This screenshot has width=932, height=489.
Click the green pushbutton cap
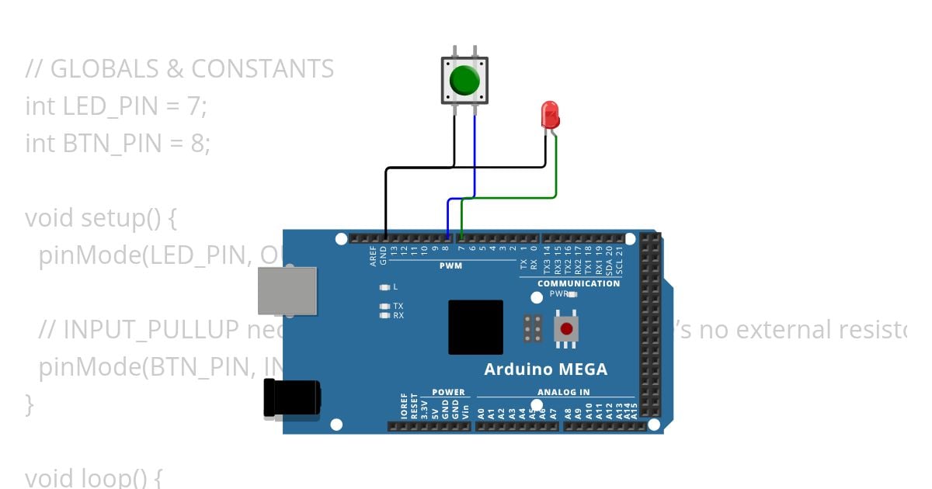tap(464, 80)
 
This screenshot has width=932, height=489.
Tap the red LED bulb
tap(550, 115)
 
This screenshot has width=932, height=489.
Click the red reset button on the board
tap(566, 329)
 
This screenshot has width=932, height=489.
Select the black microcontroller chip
tap(475, 327)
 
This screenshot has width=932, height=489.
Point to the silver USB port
tap(287, 291)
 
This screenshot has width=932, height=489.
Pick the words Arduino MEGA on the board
tap(545, 369)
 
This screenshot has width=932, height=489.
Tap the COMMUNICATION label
tap(579, 283)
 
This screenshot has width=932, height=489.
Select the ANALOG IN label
tap(563, 392)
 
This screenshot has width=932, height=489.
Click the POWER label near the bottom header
tap(448, 392)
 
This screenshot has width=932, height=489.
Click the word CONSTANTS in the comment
tap(263, 69)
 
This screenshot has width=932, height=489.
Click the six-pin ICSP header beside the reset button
tap(533, 329)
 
